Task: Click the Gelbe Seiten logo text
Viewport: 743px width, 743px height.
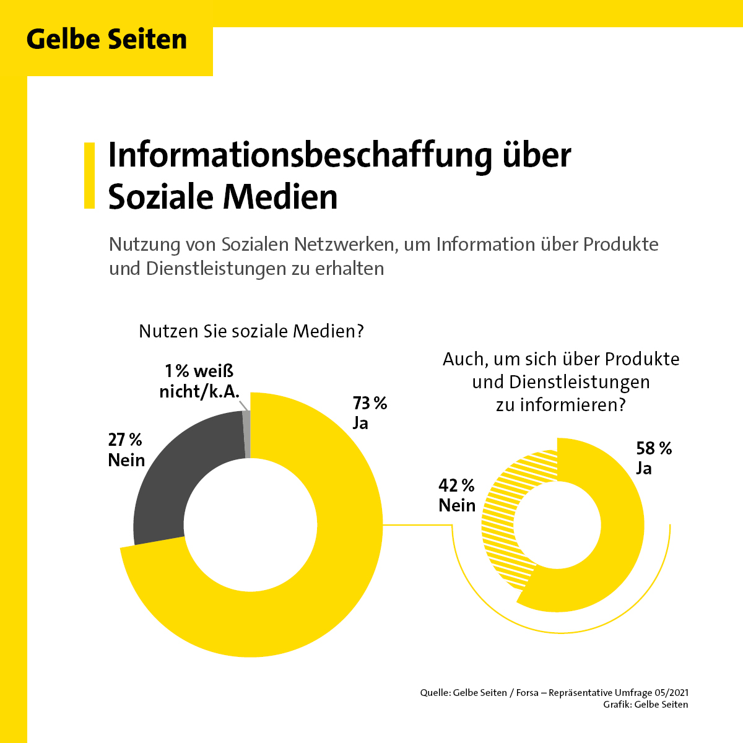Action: (106, 40)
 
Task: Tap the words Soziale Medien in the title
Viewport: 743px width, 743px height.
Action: (223, 197)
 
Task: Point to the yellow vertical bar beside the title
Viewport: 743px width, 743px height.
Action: (89, 175)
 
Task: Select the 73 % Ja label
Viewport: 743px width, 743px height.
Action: (369, 412)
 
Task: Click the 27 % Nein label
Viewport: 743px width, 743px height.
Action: (126, 450)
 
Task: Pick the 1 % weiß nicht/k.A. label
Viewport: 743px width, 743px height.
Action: (199, 381)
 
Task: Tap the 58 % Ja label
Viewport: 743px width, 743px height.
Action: (653, 458)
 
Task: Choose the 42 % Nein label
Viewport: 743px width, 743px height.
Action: (457, 495)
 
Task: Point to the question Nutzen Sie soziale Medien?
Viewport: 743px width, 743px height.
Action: (251, 331)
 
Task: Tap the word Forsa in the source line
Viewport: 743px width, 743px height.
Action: (527, 693)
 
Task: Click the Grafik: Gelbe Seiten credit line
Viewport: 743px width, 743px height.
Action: (645, 705)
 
